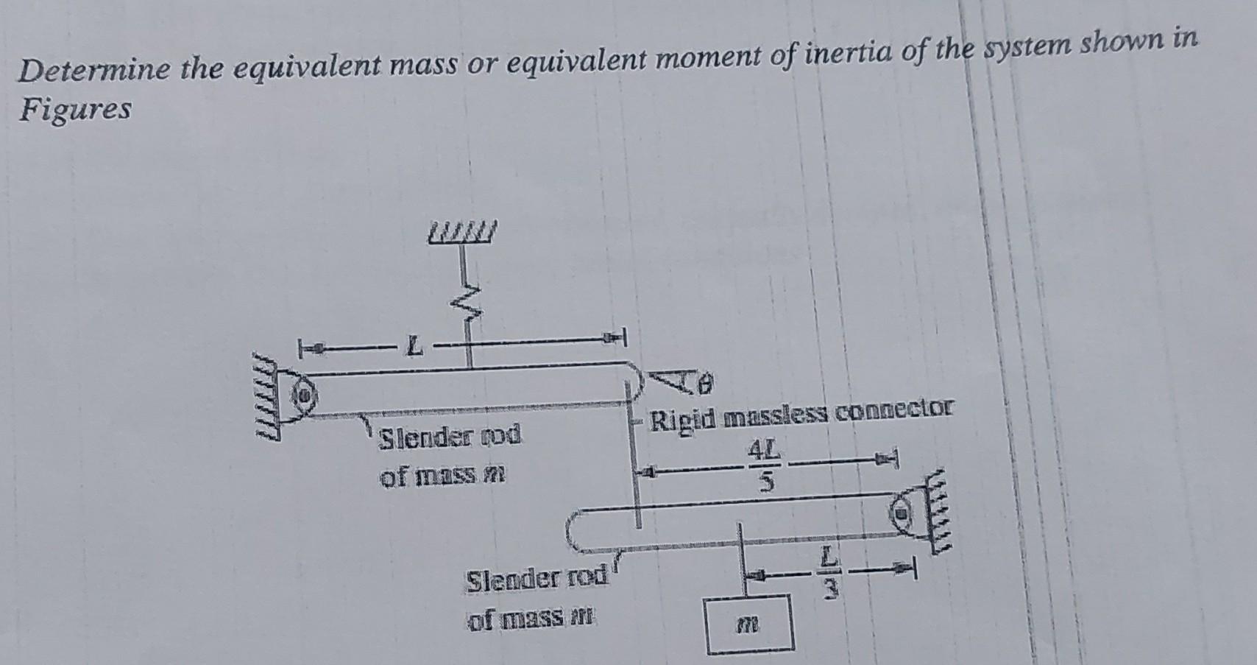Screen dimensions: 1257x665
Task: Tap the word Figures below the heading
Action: pyautogui.click(x=75, y=110)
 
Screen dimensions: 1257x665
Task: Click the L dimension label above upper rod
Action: pyautogui.click(x=416, y=345)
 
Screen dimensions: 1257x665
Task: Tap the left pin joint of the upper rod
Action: pyautogui.click(x=302, y=396)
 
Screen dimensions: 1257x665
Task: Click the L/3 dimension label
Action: pyautogui.click(x=829, y=572)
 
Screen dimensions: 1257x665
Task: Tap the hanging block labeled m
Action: pyautogui.click(x=749, y=623)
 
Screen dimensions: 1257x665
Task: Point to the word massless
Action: pyautogui.click(x=778, y=415)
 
